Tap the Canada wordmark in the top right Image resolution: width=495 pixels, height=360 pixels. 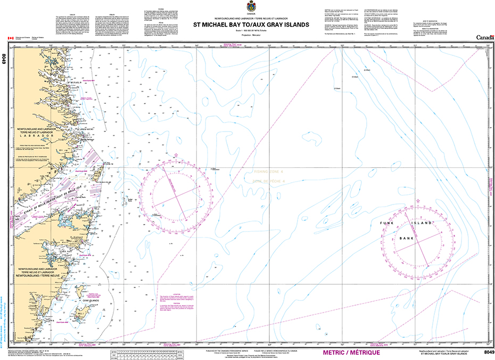point(484,37)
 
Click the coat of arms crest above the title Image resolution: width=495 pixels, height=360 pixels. point(247,7)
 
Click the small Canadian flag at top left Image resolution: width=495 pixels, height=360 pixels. point(10,39)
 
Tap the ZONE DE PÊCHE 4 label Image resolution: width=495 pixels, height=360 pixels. point(269,182)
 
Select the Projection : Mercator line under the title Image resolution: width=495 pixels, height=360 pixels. point(247,39)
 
